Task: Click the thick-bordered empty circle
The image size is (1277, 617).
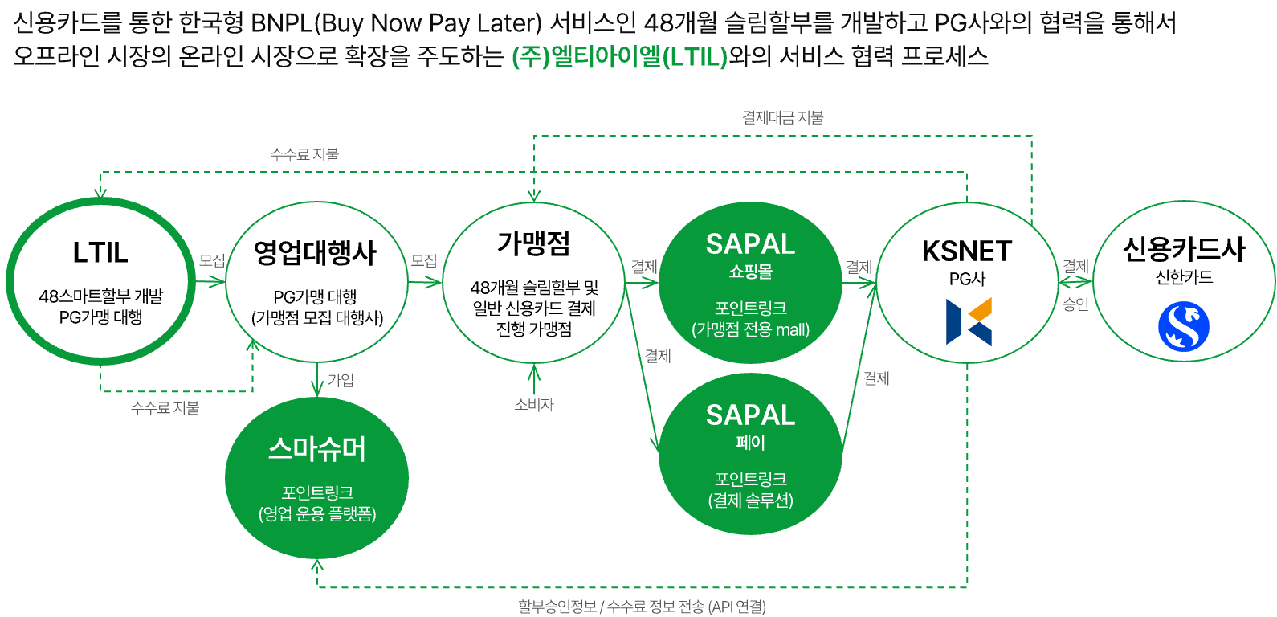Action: [x=100, y=280]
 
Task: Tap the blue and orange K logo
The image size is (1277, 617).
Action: [x=969, y=321]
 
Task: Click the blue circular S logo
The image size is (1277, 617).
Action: [x=1183, y=326]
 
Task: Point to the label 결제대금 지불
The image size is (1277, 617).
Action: [x=782, y=117]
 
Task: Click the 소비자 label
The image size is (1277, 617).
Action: [x=534, y=405]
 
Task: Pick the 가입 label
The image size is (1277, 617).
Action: [x=341, y=380]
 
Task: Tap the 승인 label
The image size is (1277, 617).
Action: [x=1075, y=304]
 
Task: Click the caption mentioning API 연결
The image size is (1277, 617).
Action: [x=642, y=607]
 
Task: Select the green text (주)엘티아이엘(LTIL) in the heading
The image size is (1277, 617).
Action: [x=619, y=57]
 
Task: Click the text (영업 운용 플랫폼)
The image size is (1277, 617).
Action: [x=317, y=514]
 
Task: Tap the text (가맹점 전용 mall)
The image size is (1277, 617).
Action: [x=750, y=329]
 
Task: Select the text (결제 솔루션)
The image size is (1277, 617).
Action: [x=750, y=501]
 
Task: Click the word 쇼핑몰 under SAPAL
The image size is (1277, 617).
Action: [x=750, y=272]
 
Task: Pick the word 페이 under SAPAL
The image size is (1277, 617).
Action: [x=750, y=443]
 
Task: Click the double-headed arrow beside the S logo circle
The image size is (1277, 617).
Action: [x=1075, y=281]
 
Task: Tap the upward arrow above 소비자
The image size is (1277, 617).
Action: [x=534, y=378]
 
